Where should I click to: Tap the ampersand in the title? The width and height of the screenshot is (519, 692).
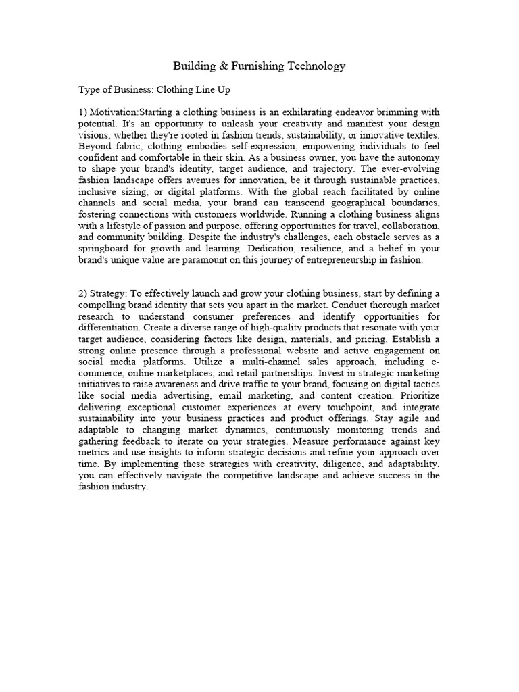[x=218, y=66]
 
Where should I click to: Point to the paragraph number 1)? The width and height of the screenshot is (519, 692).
[x=84, y=112]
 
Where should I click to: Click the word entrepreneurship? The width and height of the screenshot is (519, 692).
[x=340, y=259]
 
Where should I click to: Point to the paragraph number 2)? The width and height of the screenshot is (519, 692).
[x=84, y=293]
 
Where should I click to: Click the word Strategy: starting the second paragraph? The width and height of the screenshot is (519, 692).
[x=112, y=293]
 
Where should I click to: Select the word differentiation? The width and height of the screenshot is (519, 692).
[x=108, y=326]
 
